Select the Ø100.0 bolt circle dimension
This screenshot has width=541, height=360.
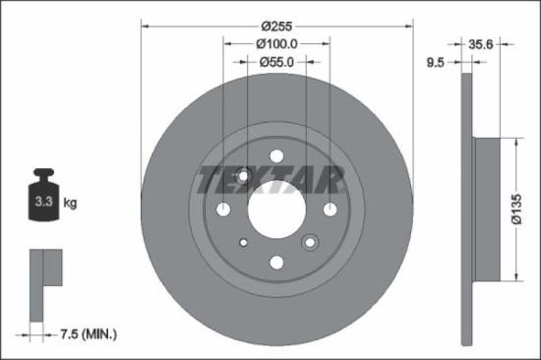coord(275,44)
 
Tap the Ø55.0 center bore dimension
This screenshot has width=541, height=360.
coord(275,63)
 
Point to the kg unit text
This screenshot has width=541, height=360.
coord(71,204)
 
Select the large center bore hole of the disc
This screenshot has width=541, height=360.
coord(275,209)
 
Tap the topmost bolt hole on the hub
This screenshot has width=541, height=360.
coord(276,155)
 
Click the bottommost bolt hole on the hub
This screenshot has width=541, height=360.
coord(276,262)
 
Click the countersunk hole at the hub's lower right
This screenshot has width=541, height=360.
coord(311,242)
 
